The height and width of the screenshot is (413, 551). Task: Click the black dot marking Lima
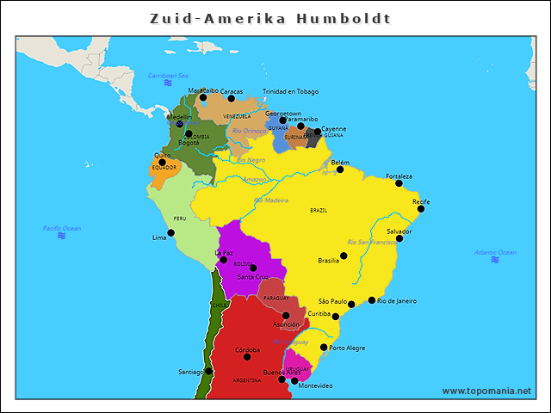tap(170, 232)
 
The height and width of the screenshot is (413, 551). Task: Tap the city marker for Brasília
tap(344, 256)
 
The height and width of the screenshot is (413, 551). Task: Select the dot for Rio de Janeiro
tap(372, 300)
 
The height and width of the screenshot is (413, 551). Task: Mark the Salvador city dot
tap(399, 238)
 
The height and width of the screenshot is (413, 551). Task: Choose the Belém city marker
tap(340, 170)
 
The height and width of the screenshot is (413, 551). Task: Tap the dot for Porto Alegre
tap(324, 348)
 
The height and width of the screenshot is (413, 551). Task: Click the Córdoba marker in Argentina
tap(247, 356)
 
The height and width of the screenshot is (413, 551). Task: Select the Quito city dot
tap(162, 162)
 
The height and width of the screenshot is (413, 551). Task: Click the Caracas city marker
tap(231, 98)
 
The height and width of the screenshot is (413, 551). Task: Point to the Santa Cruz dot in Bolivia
tap(253, 268)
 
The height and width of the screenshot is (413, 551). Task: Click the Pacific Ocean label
tap(62, 228)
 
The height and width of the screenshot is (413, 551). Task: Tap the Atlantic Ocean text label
tap(495, 252)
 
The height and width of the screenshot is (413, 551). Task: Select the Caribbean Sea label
tap(168, 76)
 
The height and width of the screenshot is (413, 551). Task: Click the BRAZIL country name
tap(319, 210)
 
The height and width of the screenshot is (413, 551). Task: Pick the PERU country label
tap(179, 219)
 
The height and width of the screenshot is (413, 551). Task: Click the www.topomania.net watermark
tap(486, 391)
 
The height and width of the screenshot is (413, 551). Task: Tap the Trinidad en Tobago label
tap(290, 91)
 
